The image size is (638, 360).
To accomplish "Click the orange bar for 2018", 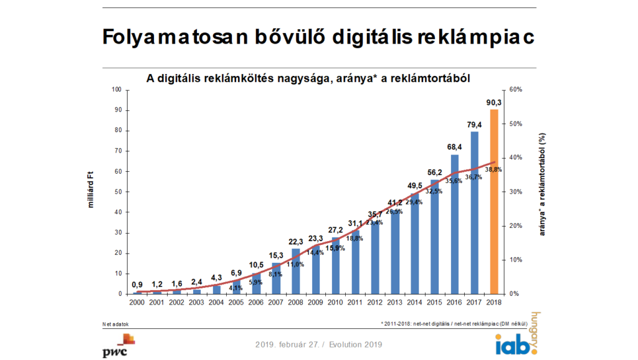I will point(494,201).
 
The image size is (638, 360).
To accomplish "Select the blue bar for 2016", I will point(454,224).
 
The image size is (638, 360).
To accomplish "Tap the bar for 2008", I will point(295,272).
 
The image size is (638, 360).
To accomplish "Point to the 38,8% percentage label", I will point(494,169).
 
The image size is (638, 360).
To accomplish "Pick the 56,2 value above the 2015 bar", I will point(435,173).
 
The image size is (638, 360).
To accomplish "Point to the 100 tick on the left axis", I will point(117,90).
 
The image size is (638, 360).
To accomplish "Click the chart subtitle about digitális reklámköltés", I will point(308,78).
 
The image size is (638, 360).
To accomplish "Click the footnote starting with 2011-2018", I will point(454,324).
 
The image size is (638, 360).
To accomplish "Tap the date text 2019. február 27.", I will point(289,344).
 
